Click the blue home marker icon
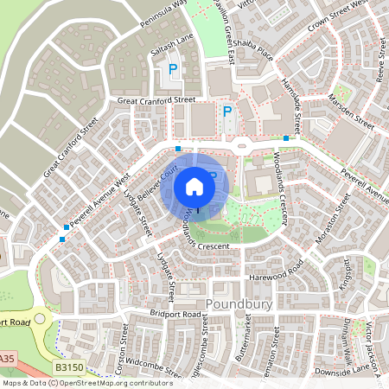point(194,185)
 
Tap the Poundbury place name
point(235,304)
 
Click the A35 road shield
point(7,358)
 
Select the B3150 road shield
point(57,367)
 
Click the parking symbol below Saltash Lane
point(173,68)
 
